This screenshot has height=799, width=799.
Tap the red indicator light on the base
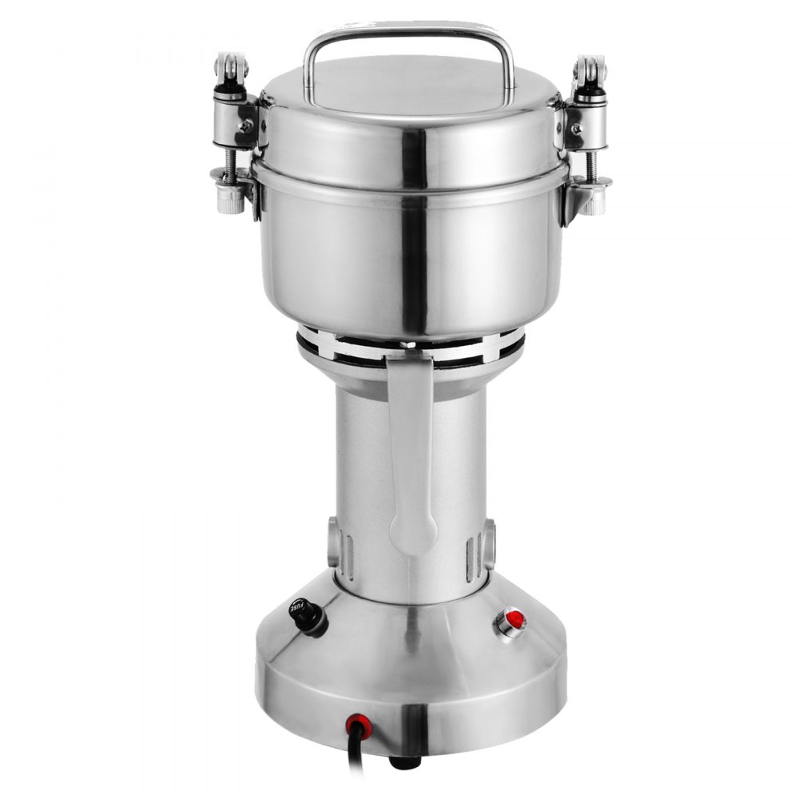coord(511,619)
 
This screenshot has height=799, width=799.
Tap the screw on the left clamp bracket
coord(246,126)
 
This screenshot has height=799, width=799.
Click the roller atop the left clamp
coord(231,69)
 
